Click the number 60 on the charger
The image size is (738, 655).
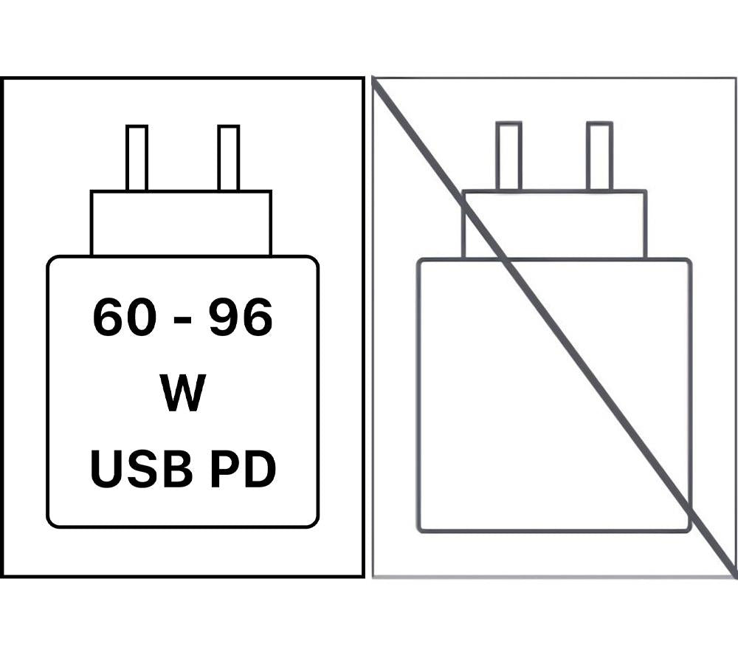coord(124,317)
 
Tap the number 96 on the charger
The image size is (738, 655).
coord(241,317)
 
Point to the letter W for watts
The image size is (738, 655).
coord(182,393)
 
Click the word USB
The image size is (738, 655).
coord(141,468)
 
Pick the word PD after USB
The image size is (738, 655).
coord(243,468)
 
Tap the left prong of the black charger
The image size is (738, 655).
coord(137,158)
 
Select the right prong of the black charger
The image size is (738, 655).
coord(229,158)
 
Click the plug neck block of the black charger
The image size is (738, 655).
coord(182,223)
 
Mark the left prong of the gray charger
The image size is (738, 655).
coord(508,156)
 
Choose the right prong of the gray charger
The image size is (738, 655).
coord(599,156)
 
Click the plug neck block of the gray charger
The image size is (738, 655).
coord(555,224)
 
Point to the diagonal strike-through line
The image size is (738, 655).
coord(555,326)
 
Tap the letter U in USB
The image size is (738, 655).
coord(107,469)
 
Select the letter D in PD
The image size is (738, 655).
coord(261,468)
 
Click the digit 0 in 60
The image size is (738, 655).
coord(141,317)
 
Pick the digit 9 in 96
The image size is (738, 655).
coord(224,317)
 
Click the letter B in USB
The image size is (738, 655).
coord(177,468)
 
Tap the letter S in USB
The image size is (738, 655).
coord(142,468)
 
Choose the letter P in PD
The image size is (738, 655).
coord(225,468)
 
